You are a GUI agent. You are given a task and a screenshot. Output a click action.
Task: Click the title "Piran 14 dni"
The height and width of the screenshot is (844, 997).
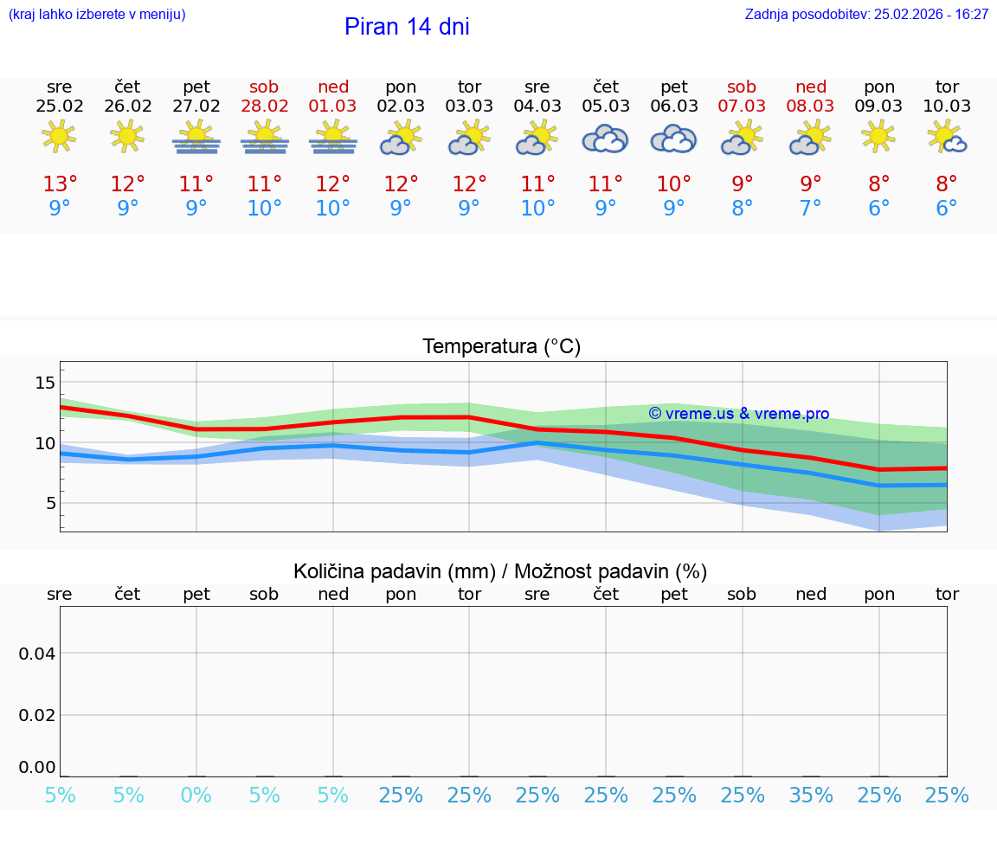click(x=407, y=27)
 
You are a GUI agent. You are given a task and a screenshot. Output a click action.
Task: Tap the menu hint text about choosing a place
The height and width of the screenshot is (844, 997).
click(x=97, y=15)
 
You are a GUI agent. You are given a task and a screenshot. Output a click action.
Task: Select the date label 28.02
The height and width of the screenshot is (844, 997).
click(x=265, y=106)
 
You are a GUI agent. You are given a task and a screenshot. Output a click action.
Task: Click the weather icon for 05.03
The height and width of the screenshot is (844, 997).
click(x=605, y=139)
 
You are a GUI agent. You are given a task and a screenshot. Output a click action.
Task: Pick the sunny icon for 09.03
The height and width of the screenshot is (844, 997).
click(x=878, y=137)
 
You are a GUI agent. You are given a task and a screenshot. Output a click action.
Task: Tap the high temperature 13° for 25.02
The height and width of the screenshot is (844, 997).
click(x=60, y=184)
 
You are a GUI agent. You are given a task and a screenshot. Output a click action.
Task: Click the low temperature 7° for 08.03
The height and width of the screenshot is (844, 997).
click(x=811, y=209)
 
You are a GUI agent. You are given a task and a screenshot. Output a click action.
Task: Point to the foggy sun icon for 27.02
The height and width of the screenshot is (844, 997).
click(x=196, y=139)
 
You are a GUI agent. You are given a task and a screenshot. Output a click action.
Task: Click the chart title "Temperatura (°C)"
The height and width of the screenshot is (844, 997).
click(x=501, y=347)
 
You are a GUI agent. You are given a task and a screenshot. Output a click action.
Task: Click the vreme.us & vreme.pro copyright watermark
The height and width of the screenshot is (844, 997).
click(x=738, y=414)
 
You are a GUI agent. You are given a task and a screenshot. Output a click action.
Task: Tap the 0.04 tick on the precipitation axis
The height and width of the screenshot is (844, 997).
click(x=37, y=654)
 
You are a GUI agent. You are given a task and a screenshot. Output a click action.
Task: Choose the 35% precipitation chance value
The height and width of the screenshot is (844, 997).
click(x=811, y=796)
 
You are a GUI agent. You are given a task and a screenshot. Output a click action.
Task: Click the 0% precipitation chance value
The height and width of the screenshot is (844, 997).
click(x=196, y=796)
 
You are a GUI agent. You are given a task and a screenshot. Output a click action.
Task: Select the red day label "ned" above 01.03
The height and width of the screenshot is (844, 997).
click(x=333, y=87)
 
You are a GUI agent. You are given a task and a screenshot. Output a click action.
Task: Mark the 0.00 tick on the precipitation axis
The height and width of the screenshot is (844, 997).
click(x=37, y=767)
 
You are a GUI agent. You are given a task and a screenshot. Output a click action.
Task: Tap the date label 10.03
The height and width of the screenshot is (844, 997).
click(x=947, y=106)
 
